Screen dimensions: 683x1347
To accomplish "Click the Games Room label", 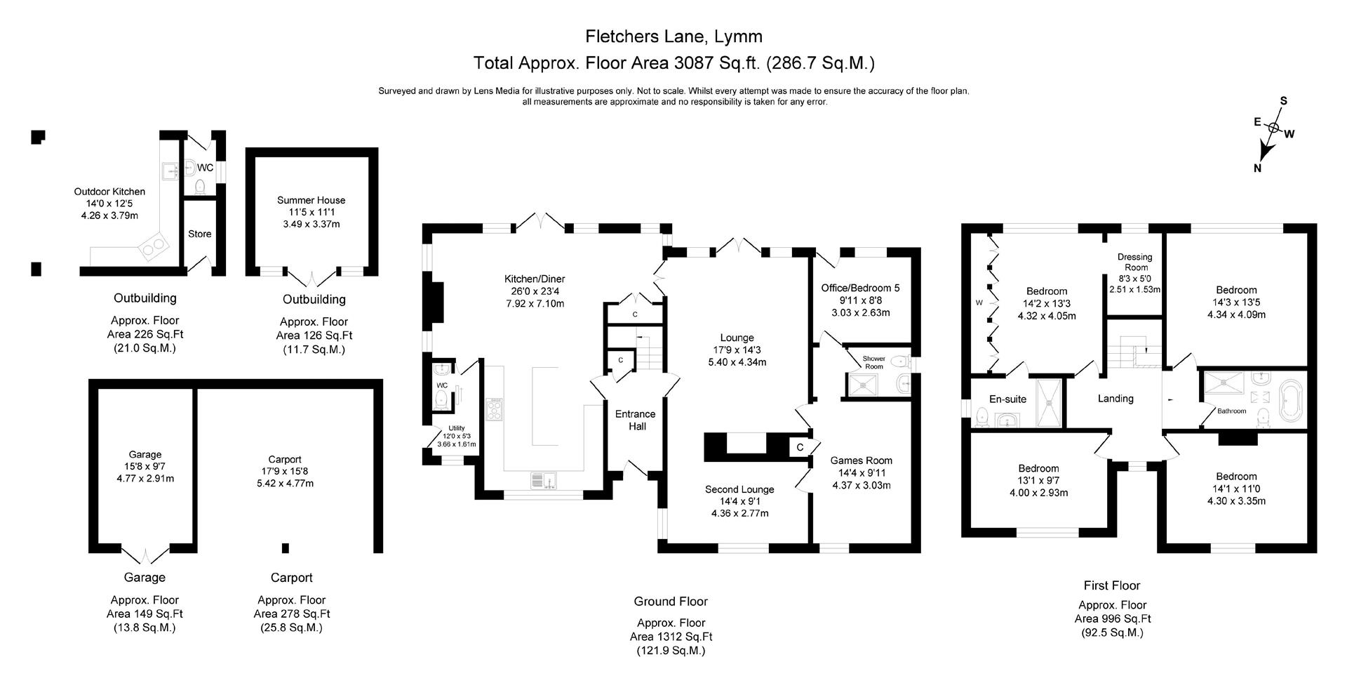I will (x=861, y=460).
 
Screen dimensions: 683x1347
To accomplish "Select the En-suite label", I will (x=1007, y=399).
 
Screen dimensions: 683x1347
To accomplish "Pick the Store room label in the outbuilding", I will (x=199, y=234).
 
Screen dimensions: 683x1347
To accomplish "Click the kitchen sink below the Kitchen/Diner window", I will (x=544, y=481).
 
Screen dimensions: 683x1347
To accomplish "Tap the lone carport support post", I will (x=285, y=548).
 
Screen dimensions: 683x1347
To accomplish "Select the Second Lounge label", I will (x=739, y=489).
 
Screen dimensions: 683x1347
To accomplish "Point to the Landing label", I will (x=1115, y=398).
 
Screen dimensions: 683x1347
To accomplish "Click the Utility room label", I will (x=456, y=428).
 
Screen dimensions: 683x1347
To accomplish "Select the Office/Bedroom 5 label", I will (x=860, y=288).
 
